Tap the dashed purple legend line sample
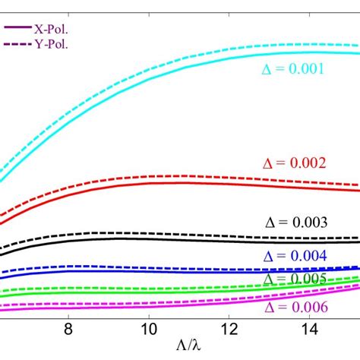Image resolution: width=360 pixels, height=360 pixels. [17, 44]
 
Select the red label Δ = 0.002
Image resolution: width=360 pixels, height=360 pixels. [295, 163]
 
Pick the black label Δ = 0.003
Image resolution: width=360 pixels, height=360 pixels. [295, 223]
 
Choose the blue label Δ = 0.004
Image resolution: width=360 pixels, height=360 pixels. [295, 256]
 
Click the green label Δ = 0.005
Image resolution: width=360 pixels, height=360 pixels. [295, 279]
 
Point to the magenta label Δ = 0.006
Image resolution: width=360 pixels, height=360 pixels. [295, 307]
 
